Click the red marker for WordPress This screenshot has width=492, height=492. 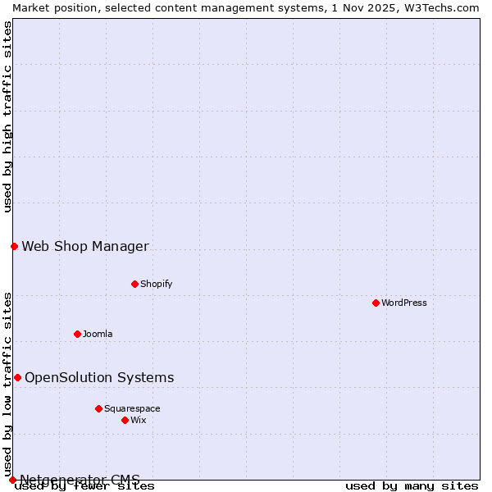(376, 303)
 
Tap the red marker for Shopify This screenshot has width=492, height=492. (134, 284)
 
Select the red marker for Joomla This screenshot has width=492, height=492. (77, 334)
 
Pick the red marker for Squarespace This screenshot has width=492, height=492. (98, 408)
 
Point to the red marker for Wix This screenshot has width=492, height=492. (125, 420)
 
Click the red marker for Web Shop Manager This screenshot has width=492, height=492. (14, 246)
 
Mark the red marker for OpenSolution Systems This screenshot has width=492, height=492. (17, 377)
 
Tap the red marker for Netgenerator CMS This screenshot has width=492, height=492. (12, 480)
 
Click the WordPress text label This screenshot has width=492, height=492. (404, 303)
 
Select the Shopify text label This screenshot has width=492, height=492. (156, 284)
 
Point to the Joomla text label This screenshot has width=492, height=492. (98, 334)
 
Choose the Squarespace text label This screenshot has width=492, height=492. (132, 408)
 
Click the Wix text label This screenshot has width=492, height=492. (138, 420)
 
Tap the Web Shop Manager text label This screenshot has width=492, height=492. (85, 246)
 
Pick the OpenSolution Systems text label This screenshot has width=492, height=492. (99, 377)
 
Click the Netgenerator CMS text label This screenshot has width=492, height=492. (80, 479)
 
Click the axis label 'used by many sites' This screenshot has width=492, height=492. (412, 486)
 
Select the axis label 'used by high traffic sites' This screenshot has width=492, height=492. (7, 116)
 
